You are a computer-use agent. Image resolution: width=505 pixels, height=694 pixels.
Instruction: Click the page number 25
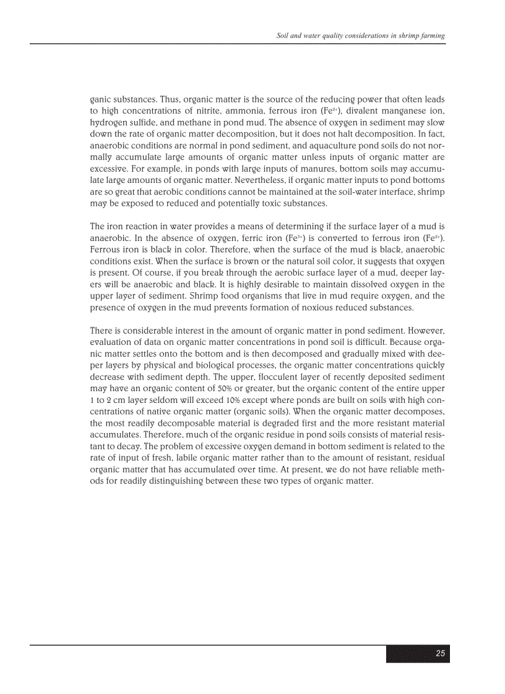441,654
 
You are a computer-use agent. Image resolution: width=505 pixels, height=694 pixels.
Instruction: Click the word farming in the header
431,36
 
